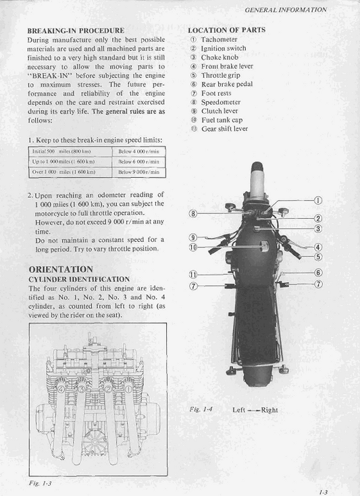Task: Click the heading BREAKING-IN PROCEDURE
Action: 75,30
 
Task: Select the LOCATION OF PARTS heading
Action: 226,30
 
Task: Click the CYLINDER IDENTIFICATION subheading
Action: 78,278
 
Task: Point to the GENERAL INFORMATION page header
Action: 286,10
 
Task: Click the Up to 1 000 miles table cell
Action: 63,162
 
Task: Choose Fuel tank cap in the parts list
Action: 222,120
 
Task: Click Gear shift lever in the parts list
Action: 225,128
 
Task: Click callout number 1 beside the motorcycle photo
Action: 318,201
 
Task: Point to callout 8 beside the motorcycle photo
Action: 193,214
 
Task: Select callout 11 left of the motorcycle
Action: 193,274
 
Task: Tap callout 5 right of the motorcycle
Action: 318,257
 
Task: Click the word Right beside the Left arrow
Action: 269,410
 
